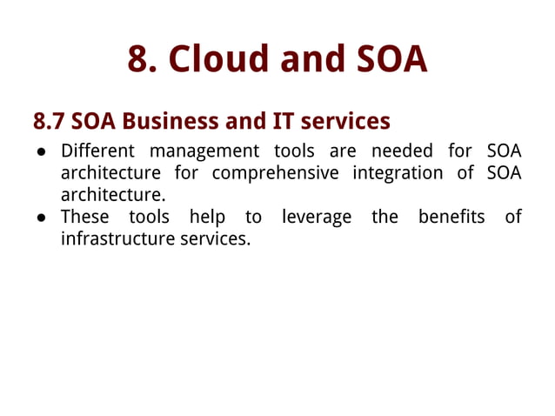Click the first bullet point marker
(x=42, y=151)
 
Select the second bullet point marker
(x=42, y=217)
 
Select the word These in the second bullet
(x=84, y=216)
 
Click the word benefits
(x=451, y=216)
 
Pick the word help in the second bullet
(x=207, y=216)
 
